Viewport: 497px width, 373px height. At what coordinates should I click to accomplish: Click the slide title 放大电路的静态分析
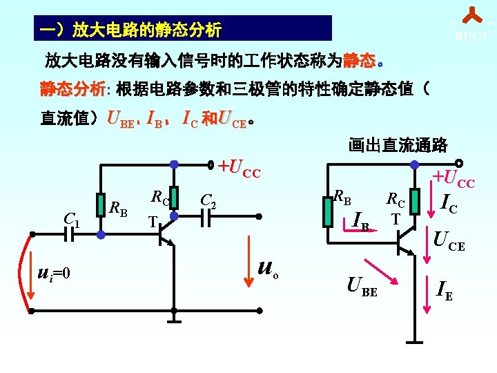point(130,30)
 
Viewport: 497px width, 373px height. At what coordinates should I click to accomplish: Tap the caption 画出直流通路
point(398,145)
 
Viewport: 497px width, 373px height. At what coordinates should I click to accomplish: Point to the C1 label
point(71,219)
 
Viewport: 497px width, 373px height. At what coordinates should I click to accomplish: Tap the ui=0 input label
point(53,274)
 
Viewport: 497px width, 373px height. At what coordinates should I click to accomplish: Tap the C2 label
point(208,201)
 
